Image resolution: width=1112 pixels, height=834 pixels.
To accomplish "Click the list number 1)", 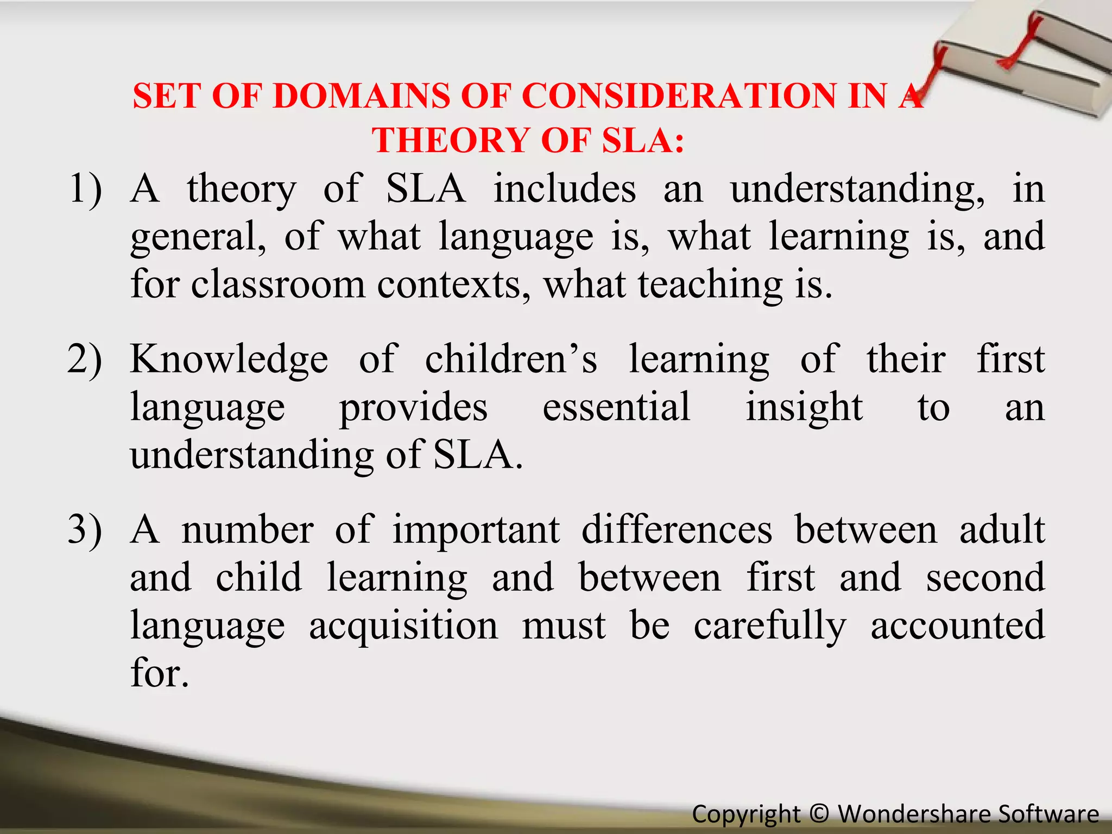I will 85,189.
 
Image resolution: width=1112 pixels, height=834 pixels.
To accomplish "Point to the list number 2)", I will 85,359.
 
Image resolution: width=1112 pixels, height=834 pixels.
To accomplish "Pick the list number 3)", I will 85,529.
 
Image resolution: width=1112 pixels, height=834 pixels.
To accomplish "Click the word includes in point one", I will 565,189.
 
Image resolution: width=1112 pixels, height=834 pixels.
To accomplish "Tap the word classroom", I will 278,285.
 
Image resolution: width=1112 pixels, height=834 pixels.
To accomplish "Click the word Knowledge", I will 229,359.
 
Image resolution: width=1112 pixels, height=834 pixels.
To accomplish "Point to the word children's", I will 511,359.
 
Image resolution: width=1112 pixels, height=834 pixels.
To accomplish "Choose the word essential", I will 616,407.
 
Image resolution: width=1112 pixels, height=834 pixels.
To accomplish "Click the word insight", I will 804,407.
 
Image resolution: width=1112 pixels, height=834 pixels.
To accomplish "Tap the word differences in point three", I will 677,529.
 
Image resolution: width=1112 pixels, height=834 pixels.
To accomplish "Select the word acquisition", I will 403,625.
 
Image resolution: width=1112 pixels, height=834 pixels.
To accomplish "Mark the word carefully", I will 770,625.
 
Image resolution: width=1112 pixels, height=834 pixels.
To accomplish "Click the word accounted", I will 958,625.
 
